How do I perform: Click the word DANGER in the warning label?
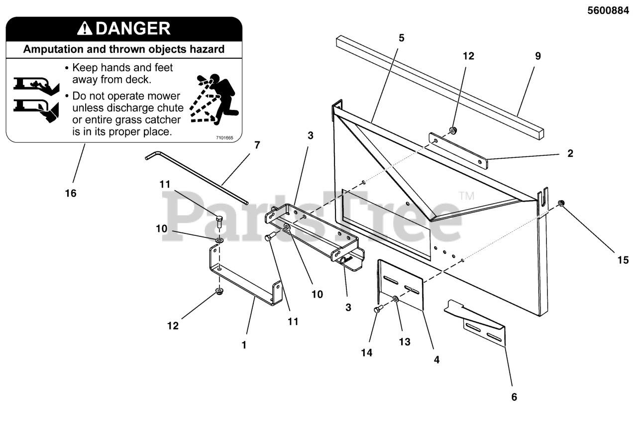point(133,28)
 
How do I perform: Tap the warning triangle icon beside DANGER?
point(85,29)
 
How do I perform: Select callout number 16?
point(71,193)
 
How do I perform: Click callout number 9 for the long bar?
point(537,56)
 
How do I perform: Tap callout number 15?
point(623,260)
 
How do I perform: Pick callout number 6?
point(514,397)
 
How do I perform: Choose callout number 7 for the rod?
point(257,145)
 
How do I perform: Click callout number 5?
point(402,38)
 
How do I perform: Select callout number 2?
point(570,153)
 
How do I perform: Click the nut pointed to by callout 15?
point(561,203)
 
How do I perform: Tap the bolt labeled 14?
point(377,310)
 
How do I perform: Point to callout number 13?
point(405,342)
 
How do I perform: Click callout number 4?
point(436,359)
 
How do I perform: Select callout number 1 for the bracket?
point(244,344)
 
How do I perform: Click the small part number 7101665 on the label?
point(225,137)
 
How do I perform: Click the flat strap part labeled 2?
point(458,151)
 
